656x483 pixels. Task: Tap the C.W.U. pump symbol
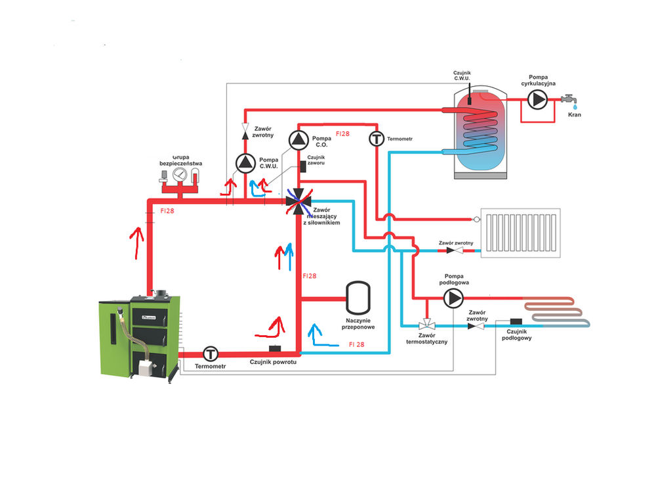point(246,162)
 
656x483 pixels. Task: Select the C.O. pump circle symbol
point(298,139)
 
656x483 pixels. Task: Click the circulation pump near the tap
point(538,100)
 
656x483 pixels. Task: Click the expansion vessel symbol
point(358,298)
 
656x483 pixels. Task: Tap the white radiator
point(521,233)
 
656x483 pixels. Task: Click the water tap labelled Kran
point(569,101)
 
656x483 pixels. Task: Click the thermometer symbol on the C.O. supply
point(377,139)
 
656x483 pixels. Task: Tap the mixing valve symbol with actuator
point(299,202)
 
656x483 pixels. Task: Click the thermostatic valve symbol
point(426,325)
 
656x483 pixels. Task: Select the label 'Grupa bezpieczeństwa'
point(180,160)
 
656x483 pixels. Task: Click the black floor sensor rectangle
point(516,321)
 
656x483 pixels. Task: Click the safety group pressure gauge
point(180,175)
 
